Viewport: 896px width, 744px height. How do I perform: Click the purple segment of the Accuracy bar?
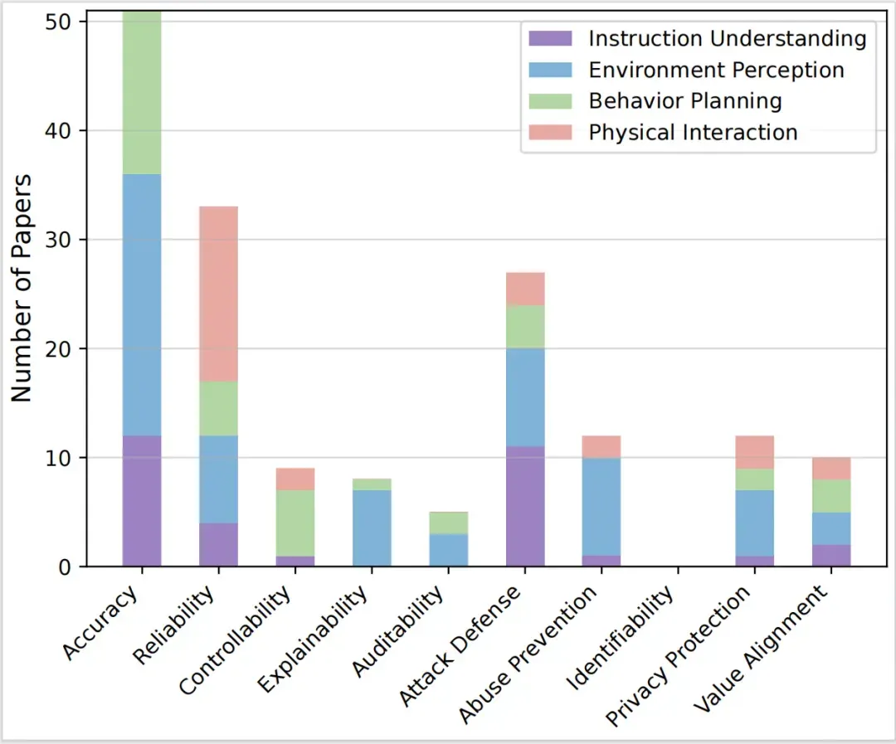(142, 501)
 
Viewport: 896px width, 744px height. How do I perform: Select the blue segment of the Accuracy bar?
(142, 305)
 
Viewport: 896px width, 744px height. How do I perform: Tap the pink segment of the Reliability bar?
(218, 294)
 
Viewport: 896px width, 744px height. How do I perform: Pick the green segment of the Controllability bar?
(295, 523)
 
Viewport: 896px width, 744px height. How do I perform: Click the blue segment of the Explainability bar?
(372, 528)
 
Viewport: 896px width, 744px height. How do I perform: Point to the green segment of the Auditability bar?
(449, 523)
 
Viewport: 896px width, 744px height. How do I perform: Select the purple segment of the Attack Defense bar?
(525, 506)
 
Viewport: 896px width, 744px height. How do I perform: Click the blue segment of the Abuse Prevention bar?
(601, 507)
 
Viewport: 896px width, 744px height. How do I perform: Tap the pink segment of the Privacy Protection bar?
(755, 452)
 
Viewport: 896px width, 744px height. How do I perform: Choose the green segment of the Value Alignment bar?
(831, 495)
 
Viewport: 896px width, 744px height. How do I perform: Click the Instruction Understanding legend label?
(728, 39)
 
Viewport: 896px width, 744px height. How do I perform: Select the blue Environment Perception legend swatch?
(550, 70)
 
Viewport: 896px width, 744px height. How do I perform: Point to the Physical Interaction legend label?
(693, 132)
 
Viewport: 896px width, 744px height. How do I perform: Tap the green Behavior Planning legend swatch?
(550, 101)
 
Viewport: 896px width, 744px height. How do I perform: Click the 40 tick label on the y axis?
(58, 131)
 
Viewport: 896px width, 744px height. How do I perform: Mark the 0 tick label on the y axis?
(65, 567)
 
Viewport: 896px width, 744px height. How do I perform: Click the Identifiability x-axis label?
(620, 638)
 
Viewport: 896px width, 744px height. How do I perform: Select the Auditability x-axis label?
(397, 631)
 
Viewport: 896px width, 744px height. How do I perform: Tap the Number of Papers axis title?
(21, 288)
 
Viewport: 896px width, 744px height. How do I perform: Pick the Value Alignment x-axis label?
(761, 649)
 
